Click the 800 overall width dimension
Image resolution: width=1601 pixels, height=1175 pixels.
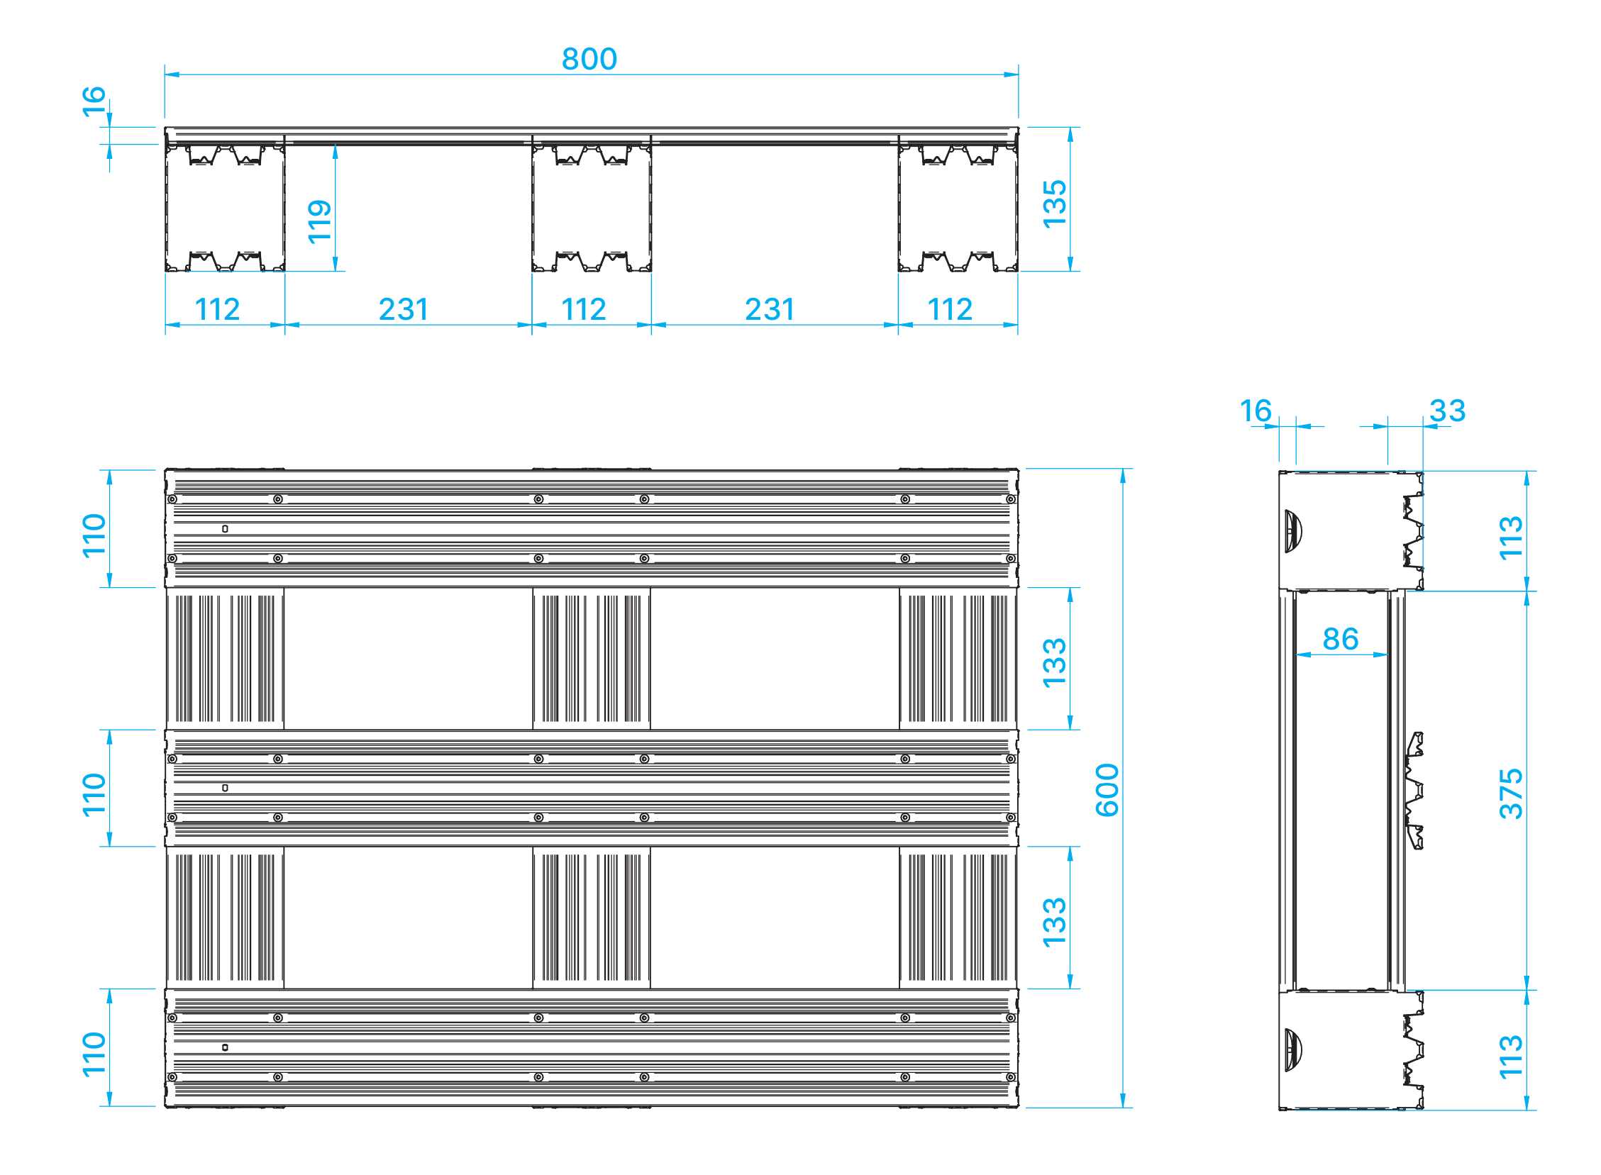click(x=589, y=59)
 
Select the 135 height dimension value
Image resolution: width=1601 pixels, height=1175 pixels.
click(x=1054, y=204)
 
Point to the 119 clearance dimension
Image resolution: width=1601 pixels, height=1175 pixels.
click(x=319, y=222)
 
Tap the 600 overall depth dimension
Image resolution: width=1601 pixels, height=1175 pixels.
click(x=1107, y=789)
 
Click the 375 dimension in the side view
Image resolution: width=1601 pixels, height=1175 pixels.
click(x=1511, y=793)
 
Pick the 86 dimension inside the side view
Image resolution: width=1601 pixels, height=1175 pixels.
click(x=1341, y=639)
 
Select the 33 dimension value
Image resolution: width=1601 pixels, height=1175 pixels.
click(x=1447, y=411)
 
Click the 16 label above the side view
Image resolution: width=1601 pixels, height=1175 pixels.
click(x=1255, y=411)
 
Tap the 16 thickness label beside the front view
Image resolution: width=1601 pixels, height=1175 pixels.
click(x=94, y=101)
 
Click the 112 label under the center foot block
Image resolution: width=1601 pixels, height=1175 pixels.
click(x=584, y=309)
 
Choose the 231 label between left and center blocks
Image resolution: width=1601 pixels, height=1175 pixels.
click(x=404, y=309)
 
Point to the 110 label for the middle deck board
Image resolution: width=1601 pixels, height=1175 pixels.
click(x=94, y=794)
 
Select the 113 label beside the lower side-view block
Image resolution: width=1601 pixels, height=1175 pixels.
click(x=1511, y=1057)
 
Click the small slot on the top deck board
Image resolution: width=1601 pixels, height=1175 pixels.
click(x=225, y=528)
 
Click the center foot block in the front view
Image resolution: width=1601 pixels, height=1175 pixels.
click(x=592, y=206)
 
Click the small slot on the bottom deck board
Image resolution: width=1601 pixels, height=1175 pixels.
click(x=225, y=1047)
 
